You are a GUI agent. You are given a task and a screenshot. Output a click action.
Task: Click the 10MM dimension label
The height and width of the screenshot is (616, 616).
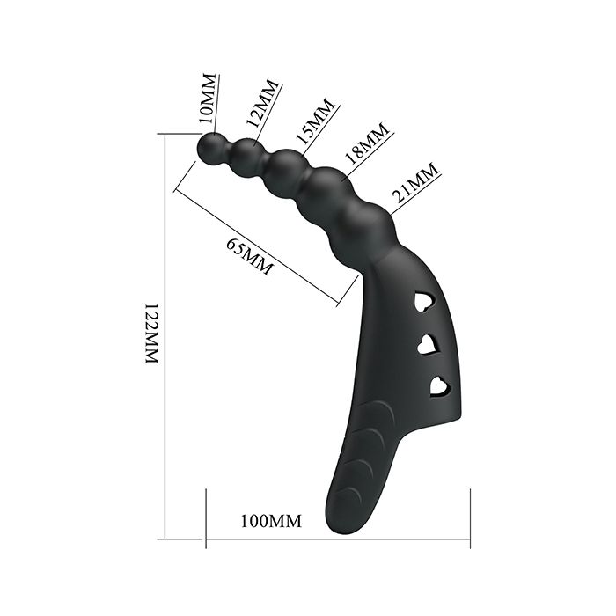point(207,98)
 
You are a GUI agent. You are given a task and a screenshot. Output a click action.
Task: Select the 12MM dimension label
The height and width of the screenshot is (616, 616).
point(262,104)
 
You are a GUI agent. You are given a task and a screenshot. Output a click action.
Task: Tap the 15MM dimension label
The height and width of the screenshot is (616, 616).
point(315,121)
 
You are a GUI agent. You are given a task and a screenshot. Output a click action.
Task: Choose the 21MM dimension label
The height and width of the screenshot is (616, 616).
point(415,182)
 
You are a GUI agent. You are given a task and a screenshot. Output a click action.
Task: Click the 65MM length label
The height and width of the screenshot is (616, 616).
point(249,256)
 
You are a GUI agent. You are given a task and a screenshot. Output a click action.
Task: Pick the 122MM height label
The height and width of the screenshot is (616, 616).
point(152,334)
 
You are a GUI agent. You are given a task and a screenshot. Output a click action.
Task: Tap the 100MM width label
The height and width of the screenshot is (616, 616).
point(271,521)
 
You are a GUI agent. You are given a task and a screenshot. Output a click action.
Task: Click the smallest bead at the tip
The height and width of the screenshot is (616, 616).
point(213,149)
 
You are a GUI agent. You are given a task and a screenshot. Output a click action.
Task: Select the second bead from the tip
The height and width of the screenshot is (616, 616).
point(247,157)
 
